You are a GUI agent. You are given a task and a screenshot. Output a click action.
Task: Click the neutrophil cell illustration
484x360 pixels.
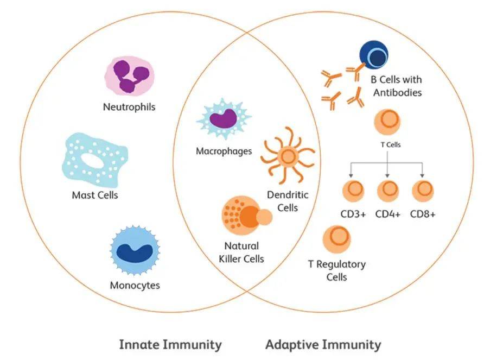pyautogui.click(x=129, y=76)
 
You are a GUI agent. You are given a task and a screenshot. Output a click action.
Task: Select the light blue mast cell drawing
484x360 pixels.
pyautogui.click(x=95, y=160)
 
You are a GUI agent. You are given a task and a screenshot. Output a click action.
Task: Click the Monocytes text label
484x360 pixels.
pyautogui.click(x=135, y=285)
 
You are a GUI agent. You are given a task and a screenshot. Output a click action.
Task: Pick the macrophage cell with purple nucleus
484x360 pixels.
pyautogui.click(x=224, y=119)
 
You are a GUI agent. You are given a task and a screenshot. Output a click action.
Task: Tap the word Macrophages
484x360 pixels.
pyautogui.click(x=224, y=151)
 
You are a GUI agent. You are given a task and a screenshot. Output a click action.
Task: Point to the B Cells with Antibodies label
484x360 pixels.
pyautogui.click(x=396, y=86)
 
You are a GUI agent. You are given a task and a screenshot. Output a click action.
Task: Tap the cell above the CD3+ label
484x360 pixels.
pyautogui.click(x=353, y=191)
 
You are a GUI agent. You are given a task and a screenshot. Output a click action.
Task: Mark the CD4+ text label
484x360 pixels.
pyautogui.click(x=388, y=214)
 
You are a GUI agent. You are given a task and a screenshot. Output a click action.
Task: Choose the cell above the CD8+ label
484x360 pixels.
pyautogui.click(x=423, y=191)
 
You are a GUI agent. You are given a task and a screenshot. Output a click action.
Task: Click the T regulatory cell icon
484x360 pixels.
pyautogui.click(x=336, y=239)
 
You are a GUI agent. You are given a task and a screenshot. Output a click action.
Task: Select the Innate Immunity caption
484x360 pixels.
pyautogui.click(x=170, y=345)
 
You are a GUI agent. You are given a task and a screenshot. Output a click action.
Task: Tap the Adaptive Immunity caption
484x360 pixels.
pyautogui.click(x=323, y=345)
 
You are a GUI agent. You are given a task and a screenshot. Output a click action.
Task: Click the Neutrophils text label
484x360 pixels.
pyautogui.click(x=129, y=107)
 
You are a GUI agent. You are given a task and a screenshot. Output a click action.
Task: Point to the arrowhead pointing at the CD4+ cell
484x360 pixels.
pyautogui.click(x=387, y=175)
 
